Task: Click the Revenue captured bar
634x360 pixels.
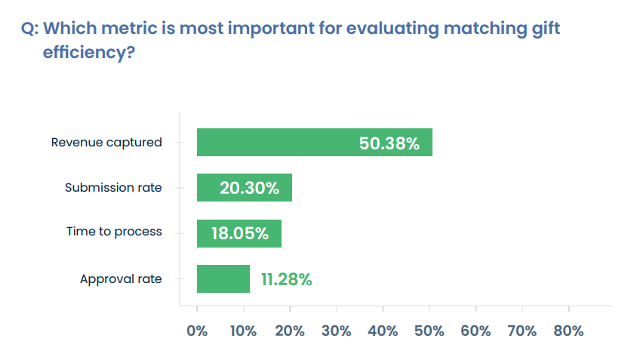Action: click(x=314, y=142)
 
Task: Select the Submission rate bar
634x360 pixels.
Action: click(x=244, y=188)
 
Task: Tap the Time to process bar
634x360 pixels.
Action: click(x=239, y=233)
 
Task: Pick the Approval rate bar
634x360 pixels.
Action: click(x=223, y=278)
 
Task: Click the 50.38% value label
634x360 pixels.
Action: click(x=389, y=143)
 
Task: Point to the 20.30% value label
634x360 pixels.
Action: click(x=249, y=189)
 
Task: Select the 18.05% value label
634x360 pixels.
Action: click(x=239, y=234)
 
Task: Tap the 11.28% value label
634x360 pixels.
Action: click(x=286, y=279)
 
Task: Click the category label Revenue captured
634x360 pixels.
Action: click(x=106, y=142)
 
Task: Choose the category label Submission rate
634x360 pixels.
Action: click(x=113, y=187)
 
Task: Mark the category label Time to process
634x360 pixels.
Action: click(x=114, y=232)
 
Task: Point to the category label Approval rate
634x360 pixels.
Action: click(x=121, y=278)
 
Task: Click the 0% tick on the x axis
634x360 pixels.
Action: click(x=197, y=331)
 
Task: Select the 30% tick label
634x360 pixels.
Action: click(x=337, y=331)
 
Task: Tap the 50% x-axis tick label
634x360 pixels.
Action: click(x=429, y=331)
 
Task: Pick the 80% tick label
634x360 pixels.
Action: click(x=568, y=331)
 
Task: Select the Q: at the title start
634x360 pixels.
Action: click(x=30, y=29)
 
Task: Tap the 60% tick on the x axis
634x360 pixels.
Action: click(x=475, y=331)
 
